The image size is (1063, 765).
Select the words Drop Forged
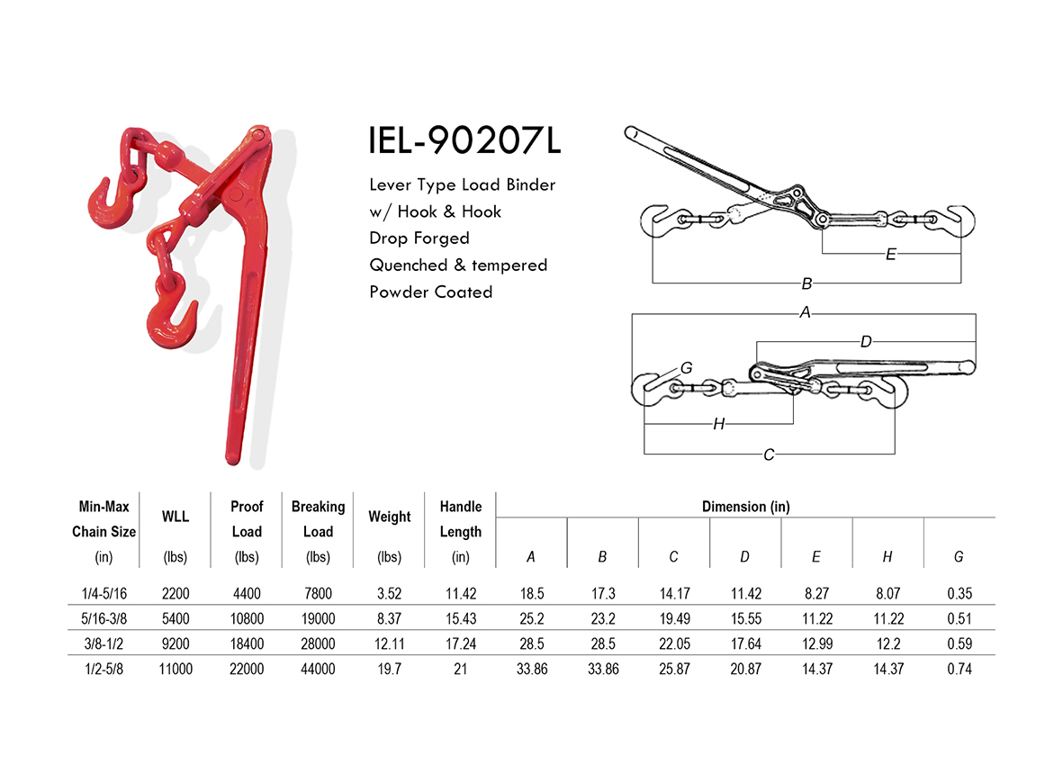[419, 238]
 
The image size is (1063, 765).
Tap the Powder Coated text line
[431, 292]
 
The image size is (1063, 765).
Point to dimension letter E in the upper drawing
[890, 255]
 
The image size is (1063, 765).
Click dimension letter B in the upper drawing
[806, 284]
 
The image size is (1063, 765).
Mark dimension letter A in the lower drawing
[806, 313]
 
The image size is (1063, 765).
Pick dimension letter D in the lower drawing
[866, 342]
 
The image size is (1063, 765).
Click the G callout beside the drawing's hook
[686, 367]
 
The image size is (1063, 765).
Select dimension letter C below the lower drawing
[769, 454]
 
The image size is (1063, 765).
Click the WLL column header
[175, 517]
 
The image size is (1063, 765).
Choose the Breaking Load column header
[318, 519]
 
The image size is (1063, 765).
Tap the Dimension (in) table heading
[745, 507]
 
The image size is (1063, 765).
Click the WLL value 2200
[175, 593]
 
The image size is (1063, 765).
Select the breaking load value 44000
[318, 669]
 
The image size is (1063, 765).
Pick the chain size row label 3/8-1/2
[104, 643]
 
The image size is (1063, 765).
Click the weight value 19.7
[389, 669]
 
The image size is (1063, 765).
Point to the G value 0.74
[959, 669]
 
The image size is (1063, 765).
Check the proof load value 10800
[247, 618]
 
